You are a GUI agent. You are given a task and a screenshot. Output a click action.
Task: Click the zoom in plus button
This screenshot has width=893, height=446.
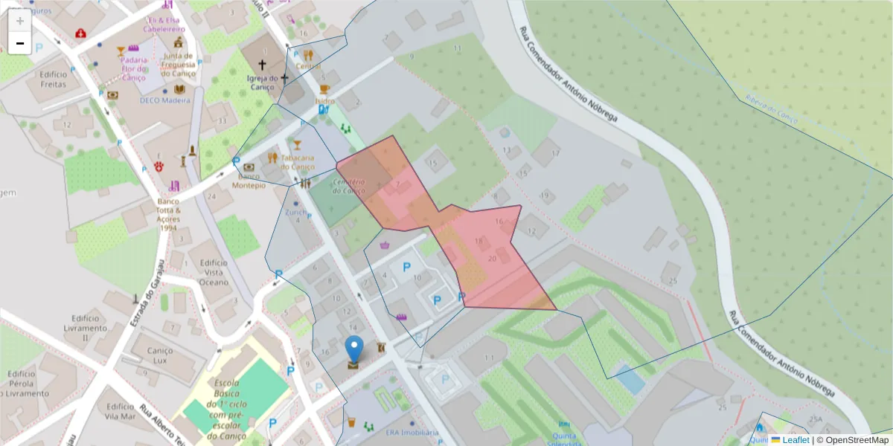[20, 21]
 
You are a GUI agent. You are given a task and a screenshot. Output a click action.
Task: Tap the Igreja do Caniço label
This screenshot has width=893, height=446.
[263, 82]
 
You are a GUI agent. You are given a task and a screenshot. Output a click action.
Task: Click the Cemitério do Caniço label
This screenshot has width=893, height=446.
[348, 186]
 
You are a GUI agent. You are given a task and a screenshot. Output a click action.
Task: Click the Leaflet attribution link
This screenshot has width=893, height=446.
[795, 439]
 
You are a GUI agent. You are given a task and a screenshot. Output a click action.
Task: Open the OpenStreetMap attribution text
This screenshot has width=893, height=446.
[853, 439]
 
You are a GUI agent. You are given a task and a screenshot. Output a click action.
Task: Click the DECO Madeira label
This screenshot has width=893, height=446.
[165, 100]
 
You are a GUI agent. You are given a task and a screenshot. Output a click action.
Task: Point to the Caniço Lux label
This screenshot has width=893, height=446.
[161, 355]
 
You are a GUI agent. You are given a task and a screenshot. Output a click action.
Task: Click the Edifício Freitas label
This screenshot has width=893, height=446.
[54, 79]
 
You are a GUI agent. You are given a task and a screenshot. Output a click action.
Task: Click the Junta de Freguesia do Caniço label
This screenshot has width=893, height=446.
[179, 64]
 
